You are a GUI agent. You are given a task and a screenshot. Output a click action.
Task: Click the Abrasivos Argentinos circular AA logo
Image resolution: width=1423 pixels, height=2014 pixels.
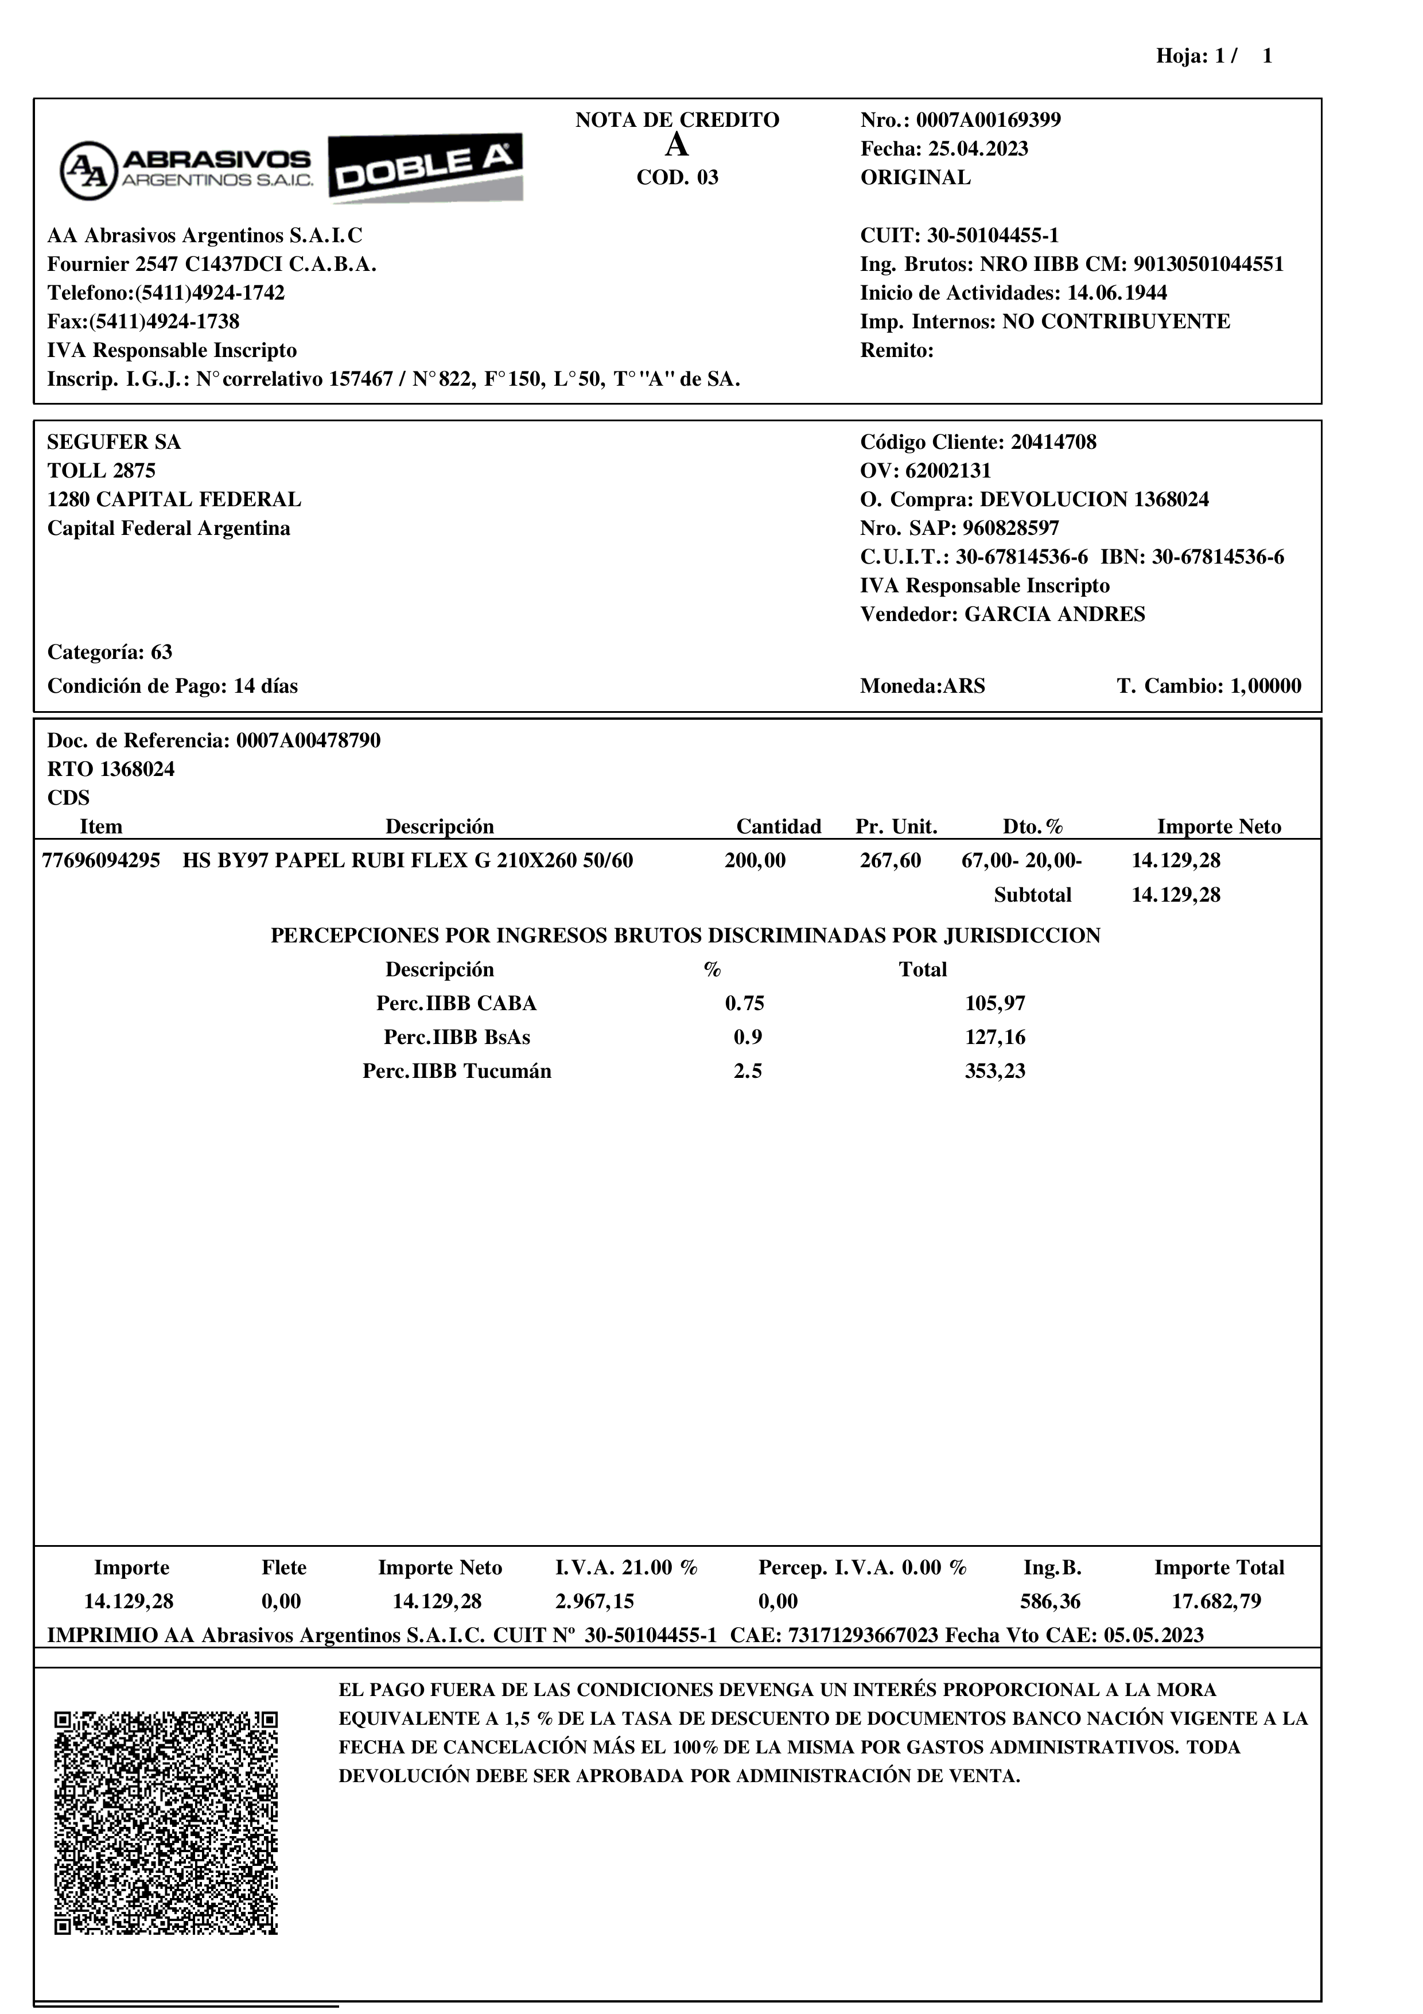pos(88,169)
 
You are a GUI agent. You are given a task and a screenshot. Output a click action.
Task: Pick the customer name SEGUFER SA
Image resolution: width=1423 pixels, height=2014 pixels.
pos(114,442)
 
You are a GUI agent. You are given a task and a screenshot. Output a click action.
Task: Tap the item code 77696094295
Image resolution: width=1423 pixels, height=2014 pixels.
pos(101,860)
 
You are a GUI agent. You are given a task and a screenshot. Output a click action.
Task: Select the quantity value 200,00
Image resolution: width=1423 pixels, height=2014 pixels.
pos(755,860)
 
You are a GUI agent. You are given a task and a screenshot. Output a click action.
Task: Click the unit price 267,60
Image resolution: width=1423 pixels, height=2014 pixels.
pos(890,860)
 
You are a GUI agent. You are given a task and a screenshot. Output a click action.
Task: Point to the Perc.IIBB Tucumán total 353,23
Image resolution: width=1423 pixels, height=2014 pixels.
pos(995,1071)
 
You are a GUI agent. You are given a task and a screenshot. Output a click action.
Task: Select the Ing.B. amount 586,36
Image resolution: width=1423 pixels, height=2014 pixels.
pos(1051,1602)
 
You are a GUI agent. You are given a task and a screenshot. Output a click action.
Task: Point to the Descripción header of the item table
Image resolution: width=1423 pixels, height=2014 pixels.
pos(440,826)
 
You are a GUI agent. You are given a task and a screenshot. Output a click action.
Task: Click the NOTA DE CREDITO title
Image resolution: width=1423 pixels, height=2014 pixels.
pos(677,120)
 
